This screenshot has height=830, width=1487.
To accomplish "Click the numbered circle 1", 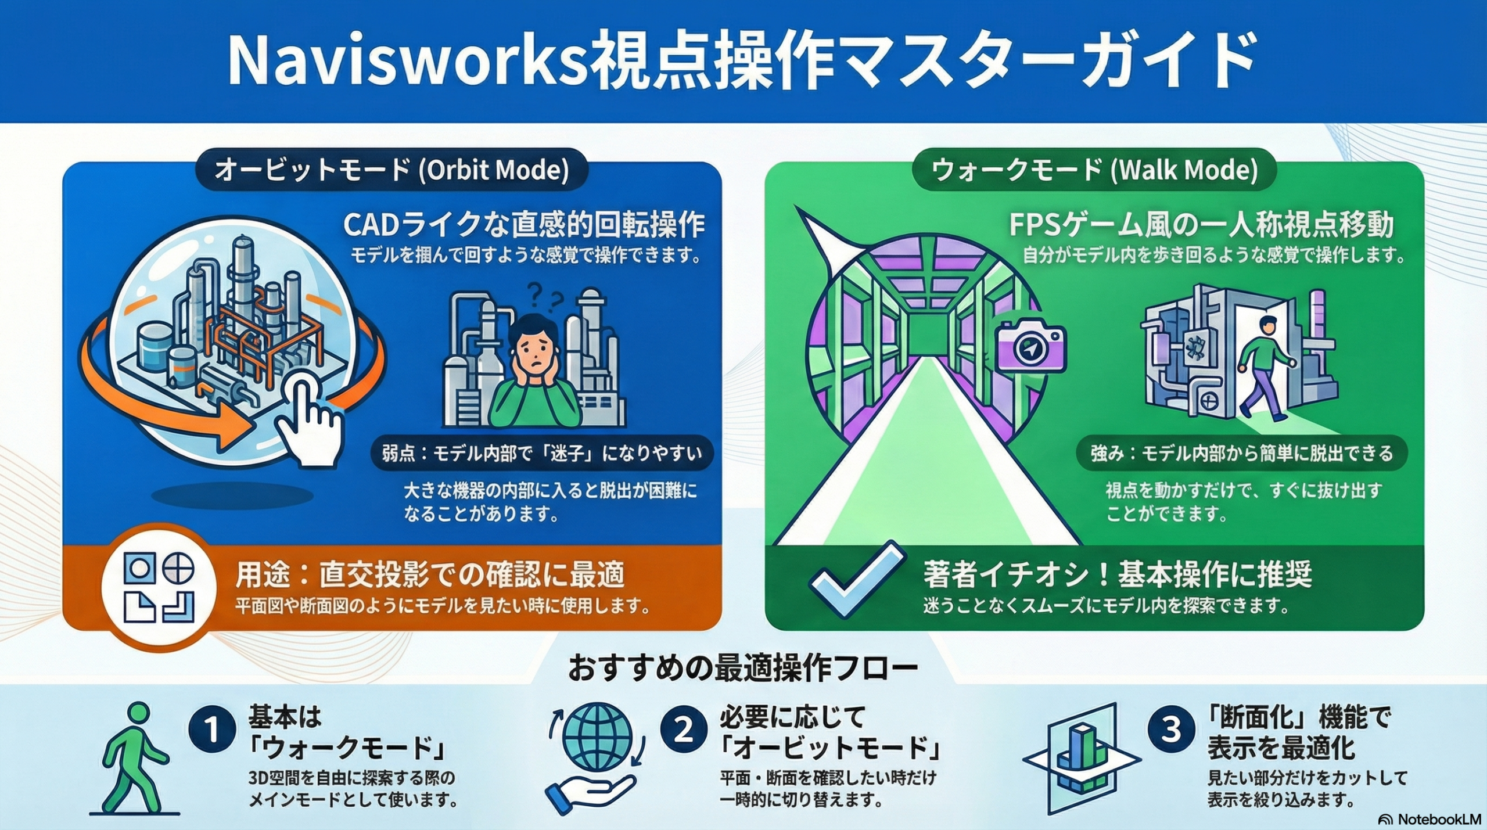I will tap(212, 730).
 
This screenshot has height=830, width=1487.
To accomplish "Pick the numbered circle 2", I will tap(683, 730).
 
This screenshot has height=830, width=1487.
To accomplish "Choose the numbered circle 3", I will tap(1171, 730).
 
